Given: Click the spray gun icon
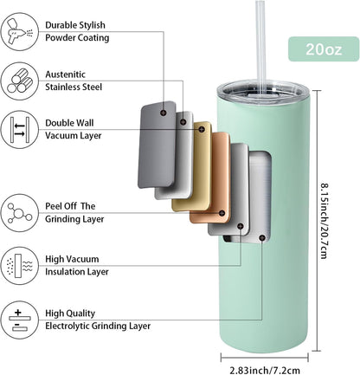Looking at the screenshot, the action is [20, 31].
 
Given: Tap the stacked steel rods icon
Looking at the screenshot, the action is [20, 81].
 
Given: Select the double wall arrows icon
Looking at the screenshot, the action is [20, 130].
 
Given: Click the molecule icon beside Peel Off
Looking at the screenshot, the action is [20, 213].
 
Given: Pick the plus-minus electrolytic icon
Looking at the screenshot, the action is [20, 320].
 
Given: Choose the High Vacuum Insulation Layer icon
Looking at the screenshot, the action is [20, 266].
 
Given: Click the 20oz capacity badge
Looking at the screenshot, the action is [324, 49].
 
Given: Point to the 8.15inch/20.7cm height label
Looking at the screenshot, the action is [325, 221].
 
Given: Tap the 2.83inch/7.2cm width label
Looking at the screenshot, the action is [265, 370].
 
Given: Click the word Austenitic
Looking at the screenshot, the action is [65, 74].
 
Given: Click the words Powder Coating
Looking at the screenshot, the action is [77, 38].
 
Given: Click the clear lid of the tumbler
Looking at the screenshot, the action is [263, 92].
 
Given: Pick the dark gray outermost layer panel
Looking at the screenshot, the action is [157, 145].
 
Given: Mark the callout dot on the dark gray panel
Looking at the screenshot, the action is [164, 113].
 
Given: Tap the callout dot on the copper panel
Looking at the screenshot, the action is [222, 213].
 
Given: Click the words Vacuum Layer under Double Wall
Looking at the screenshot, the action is [74, 136].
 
